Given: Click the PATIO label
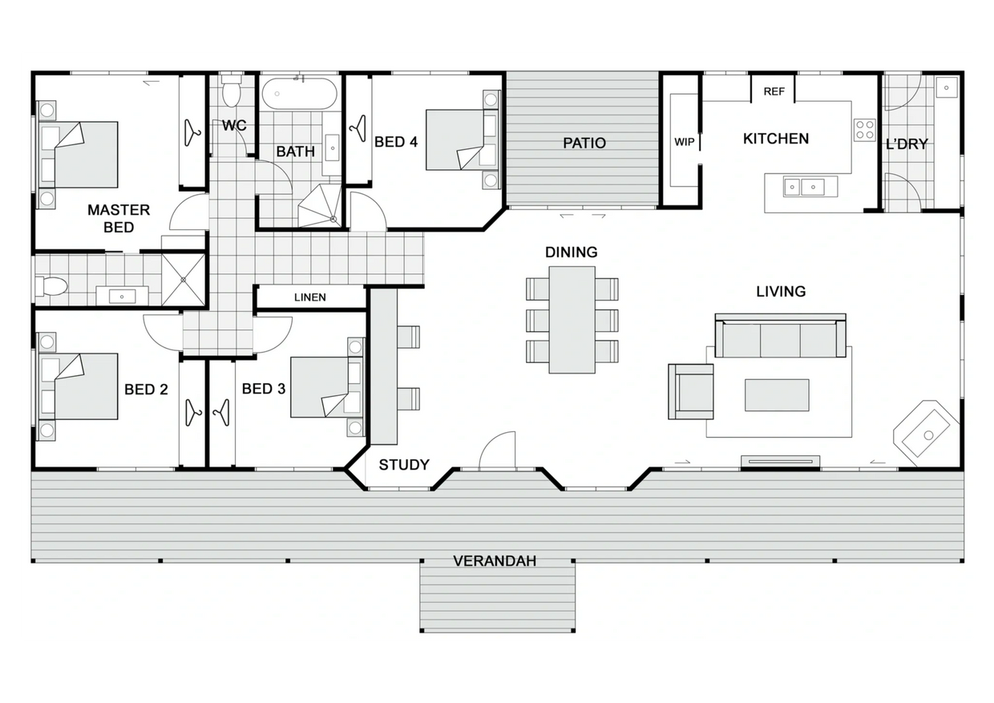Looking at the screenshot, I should click(x=584, y=143).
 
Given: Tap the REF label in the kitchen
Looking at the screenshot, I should click(x=774, y=91).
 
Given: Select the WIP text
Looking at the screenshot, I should click(x=684, y=142).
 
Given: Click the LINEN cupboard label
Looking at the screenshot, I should click(x=309, y=297).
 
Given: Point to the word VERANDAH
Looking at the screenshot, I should click(x=495, y=561).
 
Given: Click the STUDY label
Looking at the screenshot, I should click(x=403, y=465).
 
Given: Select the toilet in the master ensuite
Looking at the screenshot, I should click(x=51, y=285).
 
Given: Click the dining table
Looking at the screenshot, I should click(x=572, y=319).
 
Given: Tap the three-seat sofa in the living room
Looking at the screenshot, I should click(x=780, y=337).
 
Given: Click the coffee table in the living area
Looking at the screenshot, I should click(x=776, y=395).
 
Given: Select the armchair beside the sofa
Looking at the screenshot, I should click(x=690, y=391).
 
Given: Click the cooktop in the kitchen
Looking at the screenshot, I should click(x=864, y=130).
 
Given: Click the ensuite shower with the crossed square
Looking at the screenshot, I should click(x=184, y=280).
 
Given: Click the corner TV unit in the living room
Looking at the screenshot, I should click(x=927, y=434).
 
